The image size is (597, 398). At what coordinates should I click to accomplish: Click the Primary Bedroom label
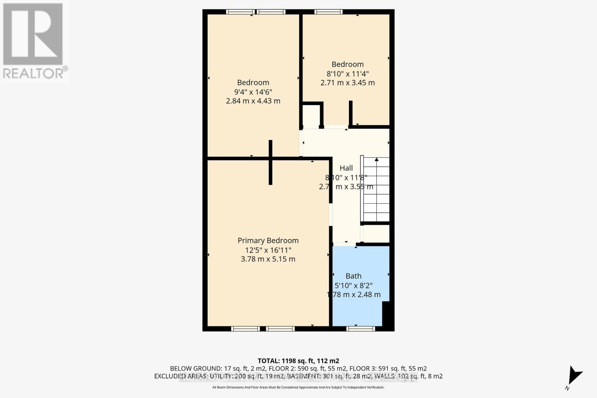click(x=268, y=241)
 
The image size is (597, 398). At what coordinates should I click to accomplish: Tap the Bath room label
click(x=353, y=276)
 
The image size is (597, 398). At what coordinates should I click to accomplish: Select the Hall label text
click(x=346, y=168)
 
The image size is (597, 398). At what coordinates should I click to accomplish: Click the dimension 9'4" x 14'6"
click(x=253, y=92)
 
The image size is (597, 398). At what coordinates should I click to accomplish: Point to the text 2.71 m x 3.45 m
click(x=347, y=83)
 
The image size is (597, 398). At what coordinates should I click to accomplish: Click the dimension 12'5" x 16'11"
click(x=268, y=250)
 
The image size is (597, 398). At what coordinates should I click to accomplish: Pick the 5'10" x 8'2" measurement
click(x=353, y=285)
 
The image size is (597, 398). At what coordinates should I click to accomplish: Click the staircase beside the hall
click(x=376, y=190)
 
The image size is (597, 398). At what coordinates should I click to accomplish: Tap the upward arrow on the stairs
click(x=376, y=160)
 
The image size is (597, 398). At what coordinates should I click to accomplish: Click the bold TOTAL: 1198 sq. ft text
click(x=298, y=361)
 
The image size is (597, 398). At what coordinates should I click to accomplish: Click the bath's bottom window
click(x=360, y=329)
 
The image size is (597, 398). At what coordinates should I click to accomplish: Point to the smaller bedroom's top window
click(x=328, y=12)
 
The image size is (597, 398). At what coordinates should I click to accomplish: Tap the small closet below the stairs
click(x=376, y=234)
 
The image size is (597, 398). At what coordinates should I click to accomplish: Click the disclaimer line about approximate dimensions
click(x=298, y=388)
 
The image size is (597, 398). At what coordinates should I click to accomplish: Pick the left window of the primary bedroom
click(x=245, y=329)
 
